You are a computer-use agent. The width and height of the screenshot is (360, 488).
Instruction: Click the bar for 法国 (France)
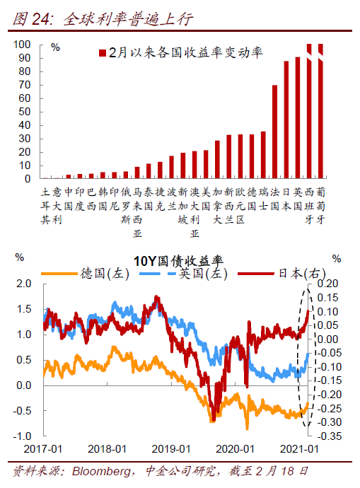coord(274,132)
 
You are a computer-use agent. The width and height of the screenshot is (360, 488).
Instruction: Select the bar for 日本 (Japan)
coord(286,120)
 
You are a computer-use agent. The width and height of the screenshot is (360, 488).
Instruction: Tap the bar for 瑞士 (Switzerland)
coord(263,155)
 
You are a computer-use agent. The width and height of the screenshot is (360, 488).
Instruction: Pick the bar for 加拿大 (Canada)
coord(217,159)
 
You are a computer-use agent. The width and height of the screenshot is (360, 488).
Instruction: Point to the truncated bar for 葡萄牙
coord(320,111)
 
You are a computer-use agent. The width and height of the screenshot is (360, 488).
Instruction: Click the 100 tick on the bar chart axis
coord(22,45)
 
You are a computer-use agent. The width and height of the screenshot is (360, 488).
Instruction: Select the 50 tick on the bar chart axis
coord(25,112)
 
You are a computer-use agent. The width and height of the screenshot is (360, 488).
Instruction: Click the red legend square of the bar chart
coord(103,53)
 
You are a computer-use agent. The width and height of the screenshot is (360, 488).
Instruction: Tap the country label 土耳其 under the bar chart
coord(45,206)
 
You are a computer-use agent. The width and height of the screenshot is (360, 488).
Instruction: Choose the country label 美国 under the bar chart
coord(206,199)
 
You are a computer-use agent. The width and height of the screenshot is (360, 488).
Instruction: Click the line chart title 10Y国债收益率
coord(178,261)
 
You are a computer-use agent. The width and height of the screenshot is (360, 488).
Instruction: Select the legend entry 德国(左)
coord(86,274)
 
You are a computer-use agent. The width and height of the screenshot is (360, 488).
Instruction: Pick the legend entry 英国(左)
coord(184,274)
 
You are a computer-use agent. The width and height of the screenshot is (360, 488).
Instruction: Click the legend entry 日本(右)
coord(281,274)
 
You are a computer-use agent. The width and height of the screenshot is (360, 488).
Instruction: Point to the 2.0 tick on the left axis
coord(24,284)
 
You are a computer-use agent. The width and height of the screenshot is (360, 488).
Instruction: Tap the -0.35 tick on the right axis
coord(330,436)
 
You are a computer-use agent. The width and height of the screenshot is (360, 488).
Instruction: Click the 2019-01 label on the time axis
coord(171,449)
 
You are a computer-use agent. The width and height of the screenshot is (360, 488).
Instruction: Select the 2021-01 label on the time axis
coord(299,449)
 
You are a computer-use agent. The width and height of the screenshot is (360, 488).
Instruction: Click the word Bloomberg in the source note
coord(101,472)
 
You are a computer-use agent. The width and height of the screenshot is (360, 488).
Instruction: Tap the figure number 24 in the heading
coord(41,19)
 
